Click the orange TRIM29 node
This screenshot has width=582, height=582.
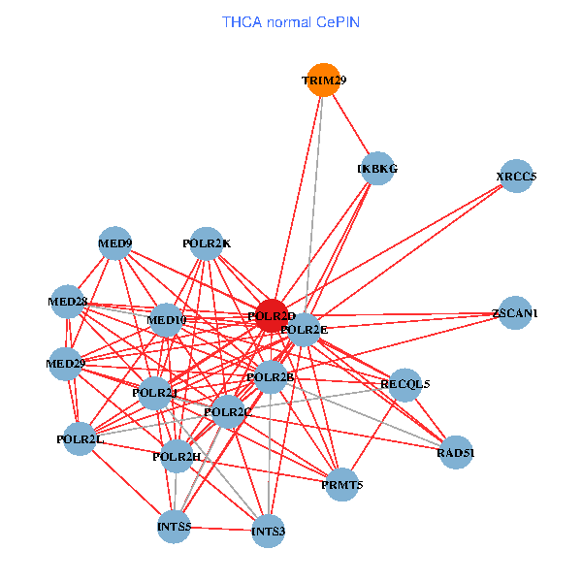(x=323, y=80)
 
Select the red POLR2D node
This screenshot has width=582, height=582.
(x=272, y=316)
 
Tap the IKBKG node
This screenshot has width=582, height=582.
(x=377, y=169)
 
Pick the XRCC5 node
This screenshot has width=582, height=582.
(x=516, y=177)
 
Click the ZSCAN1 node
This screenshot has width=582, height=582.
(x=514, y=313)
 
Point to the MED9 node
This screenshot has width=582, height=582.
(x=115, y=242)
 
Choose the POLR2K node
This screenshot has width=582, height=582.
(x=207, y=242)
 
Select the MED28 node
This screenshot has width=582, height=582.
(x=67, y=302)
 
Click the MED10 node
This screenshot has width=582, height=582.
(x=166, y=320)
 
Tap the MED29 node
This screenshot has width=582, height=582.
(x=66, y=364)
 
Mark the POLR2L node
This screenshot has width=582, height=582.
(x=81, y=439)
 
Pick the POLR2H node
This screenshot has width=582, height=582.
(x=177, y=456)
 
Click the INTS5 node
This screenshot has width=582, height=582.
(x=175, y=527)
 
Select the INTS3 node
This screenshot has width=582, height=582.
(x=268, y=531)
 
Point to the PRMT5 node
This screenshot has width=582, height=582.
(x=341, y=484)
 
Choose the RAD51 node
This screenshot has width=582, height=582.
(x=456, y=452)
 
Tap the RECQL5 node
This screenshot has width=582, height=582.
(x=404, y=384)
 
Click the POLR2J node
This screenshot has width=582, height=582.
(x=155, y=393)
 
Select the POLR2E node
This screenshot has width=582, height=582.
(x=305, y=330)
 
